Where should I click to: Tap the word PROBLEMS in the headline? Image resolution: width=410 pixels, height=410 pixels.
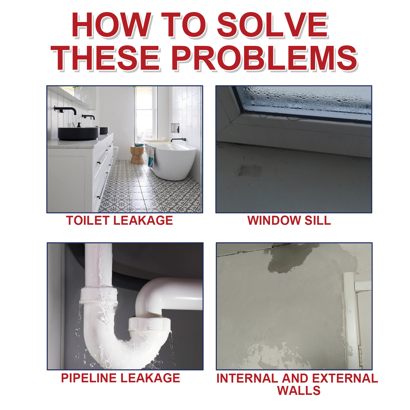point(264,58)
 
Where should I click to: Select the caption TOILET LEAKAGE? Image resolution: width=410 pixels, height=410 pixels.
point(119,221)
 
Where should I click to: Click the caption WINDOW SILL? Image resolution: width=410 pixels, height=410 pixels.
point(289,221)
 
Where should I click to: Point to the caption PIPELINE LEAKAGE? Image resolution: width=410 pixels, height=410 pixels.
point(120,378)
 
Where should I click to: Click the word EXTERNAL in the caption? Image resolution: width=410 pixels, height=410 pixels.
point(345,378)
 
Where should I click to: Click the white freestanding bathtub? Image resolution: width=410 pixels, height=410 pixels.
point(174,161)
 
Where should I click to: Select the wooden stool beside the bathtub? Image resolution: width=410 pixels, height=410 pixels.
point(137,155)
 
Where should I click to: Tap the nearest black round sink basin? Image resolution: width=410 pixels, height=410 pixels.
point(78,134)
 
